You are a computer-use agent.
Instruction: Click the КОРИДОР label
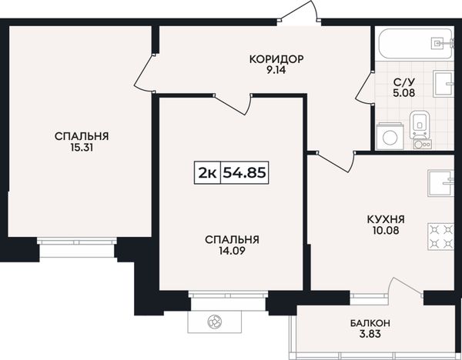point(276,59)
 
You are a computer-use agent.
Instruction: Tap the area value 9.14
point(276,70)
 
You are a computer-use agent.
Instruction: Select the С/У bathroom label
point(404,82)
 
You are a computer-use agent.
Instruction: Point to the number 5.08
point(404,93)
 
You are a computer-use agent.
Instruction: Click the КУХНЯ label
point(386,219)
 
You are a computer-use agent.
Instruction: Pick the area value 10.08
point(386,231)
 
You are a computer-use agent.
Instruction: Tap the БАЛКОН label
point(370,323)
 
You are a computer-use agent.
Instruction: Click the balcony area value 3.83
point(370,334)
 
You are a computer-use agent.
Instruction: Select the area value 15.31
point(82,148)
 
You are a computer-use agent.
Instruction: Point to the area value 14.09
point(232,251)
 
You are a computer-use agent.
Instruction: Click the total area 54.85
point(244,173)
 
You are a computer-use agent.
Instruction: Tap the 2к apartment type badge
point(207,173)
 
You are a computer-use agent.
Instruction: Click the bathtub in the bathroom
point(415,44)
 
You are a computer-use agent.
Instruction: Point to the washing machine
point(390,136)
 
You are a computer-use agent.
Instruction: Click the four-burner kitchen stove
point(440,237)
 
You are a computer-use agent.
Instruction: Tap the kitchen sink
point(440,183)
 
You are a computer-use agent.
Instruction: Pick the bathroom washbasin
point(443,84)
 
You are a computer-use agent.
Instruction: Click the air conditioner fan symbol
point(215,322)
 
